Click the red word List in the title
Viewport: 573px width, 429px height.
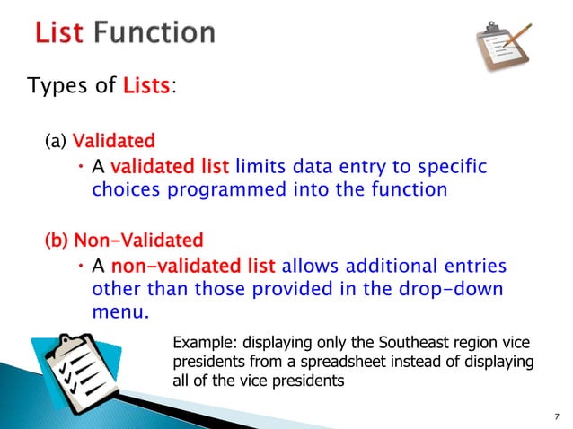pyautogui.click(x=59, y=34)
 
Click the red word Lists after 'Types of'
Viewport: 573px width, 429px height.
pyautogui.click(x=145, y=87)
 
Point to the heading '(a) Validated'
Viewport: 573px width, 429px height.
pyautogui.click(x=100, y=141)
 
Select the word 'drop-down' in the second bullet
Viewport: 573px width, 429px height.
pyautogui.click(x=452, y=291)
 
